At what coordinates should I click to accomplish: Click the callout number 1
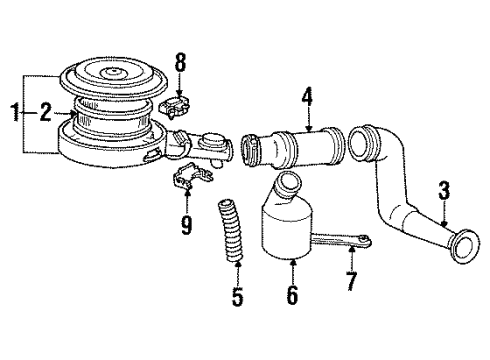coord(12,113)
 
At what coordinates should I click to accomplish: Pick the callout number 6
coord(292,297)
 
